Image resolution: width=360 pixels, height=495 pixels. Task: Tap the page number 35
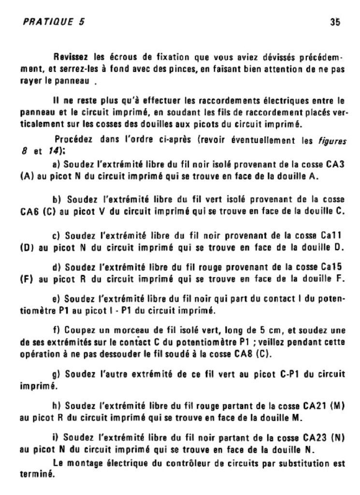(335, 22)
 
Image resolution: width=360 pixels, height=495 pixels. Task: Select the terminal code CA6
(31, 211)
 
